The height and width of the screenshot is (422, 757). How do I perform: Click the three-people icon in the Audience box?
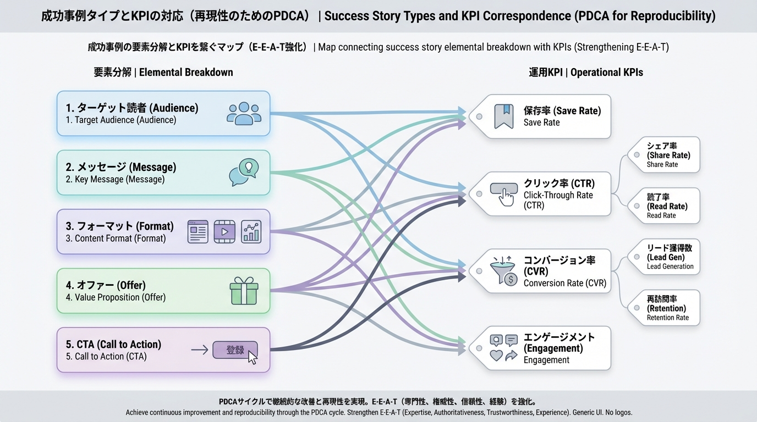click(x=244, y=113)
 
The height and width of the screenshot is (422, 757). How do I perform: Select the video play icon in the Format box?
click(x=224, y=231)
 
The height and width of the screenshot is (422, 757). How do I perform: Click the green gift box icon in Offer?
click(x=244, y=291)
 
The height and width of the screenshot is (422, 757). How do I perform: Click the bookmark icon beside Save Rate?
click(x=503, y=116)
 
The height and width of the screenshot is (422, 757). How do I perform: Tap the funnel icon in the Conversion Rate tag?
click(x=503, y=271)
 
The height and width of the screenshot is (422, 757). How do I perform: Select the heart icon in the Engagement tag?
click(x=496, y=356)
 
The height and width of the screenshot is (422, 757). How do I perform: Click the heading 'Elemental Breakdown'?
click(x=186, y=73)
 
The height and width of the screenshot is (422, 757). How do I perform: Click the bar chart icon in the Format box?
click(x=251, y=231)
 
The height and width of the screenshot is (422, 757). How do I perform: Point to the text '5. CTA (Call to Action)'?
click(x=113, y=344)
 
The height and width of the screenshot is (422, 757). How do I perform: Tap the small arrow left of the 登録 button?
click(x=199, y=349)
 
